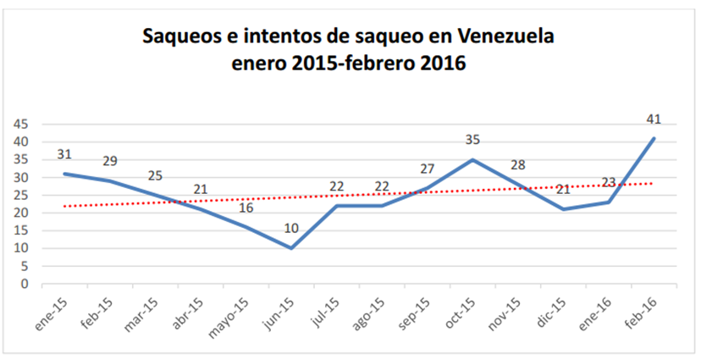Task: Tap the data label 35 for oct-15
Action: pos(472,140)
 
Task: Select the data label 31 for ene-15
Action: pos(64,154)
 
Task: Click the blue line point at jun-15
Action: pos(291,248)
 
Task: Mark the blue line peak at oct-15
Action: pos(472,159)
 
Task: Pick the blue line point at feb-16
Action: pos(654,138)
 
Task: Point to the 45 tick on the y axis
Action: pos(21,124)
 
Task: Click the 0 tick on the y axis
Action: pos(25,284)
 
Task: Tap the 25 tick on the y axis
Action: pos(21,195)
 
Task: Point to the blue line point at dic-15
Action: pos(563,209)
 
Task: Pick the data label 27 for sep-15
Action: pos(428,169)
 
